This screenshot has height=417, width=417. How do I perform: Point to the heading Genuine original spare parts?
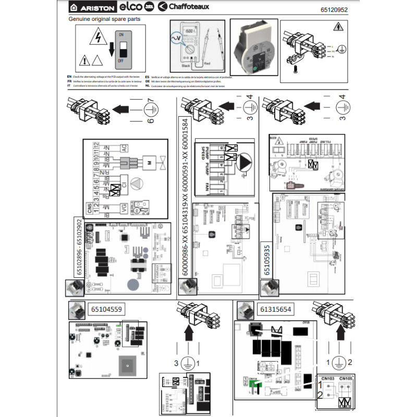coord(104,19)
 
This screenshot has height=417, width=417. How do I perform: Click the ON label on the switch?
coord(121,34)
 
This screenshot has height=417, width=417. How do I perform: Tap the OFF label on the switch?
coord(121,60)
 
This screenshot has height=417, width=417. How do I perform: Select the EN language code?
coord(70,76)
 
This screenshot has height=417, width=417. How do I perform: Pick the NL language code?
coord(148,87)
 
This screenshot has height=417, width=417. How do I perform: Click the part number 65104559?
coord(106,309)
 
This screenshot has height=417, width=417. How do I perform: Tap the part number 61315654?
coord(276,309)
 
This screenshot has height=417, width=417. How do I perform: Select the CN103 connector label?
coord(328,378)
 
